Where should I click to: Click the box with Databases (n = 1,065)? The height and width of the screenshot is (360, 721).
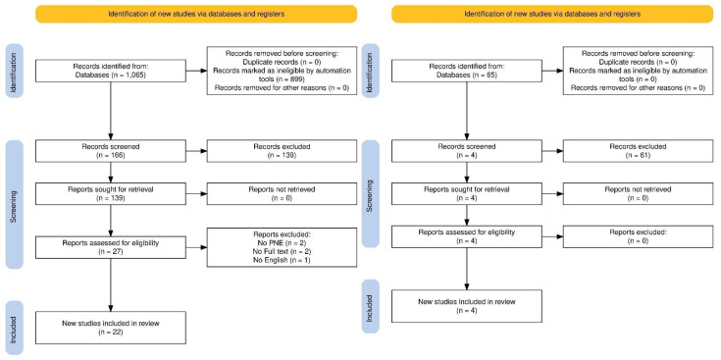click(x=110, y=71)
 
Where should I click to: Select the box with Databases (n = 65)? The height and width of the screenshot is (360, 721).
click(x=466, y=71)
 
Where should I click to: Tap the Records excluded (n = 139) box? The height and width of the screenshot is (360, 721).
click(x=282, y=151)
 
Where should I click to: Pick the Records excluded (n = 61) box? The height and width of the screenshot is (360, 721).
click(x=638, y=151)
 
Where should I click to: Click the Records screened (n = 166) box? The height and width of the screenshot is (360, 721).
click(x=110, y=151)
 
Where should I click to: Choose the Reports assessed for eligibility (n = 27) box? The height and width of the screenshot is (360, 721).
click(x=110, y=247)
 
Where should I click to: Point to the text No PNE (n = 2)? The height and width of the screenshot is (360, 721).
click(x=282, y=242)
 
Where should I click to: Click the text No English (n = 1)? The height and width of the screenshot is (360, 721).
click(x=282, y=261)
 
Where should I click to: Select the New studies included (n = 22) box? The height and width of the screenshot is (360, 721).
click(x=110, y=328)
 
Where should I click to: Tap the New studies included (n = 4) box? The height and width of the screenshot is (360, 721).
click(x=466, y=306)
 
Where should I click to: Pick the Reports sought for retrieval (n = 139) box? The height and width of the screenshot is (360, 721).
click(x=110, y=193)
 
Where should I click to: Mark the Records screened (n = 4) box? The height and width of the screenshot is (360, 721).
click(x=466, y=151)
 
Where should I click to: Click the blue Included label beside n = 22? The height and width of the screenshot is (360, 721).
click(x=14, y=328)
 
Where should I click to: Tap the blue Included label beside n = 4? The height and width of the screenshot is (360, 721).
click(x=370, y=306)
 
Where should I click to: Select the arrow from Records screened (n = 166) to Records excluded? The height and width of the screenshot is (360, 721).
click(x=196, y=151)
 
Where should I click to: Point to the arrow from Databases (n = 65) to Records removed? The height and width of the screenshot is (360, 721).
click(x=552, y=71)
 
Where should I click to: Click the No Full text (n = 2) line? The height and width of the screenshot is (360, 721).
click(x=282, y=251)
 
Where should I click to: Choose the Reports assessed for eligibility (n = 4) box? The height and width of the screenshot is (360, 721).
click(x=466, y=236)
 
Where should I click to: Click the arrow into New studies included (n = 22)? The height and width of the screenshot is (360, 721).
click(x=110, y=284)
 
